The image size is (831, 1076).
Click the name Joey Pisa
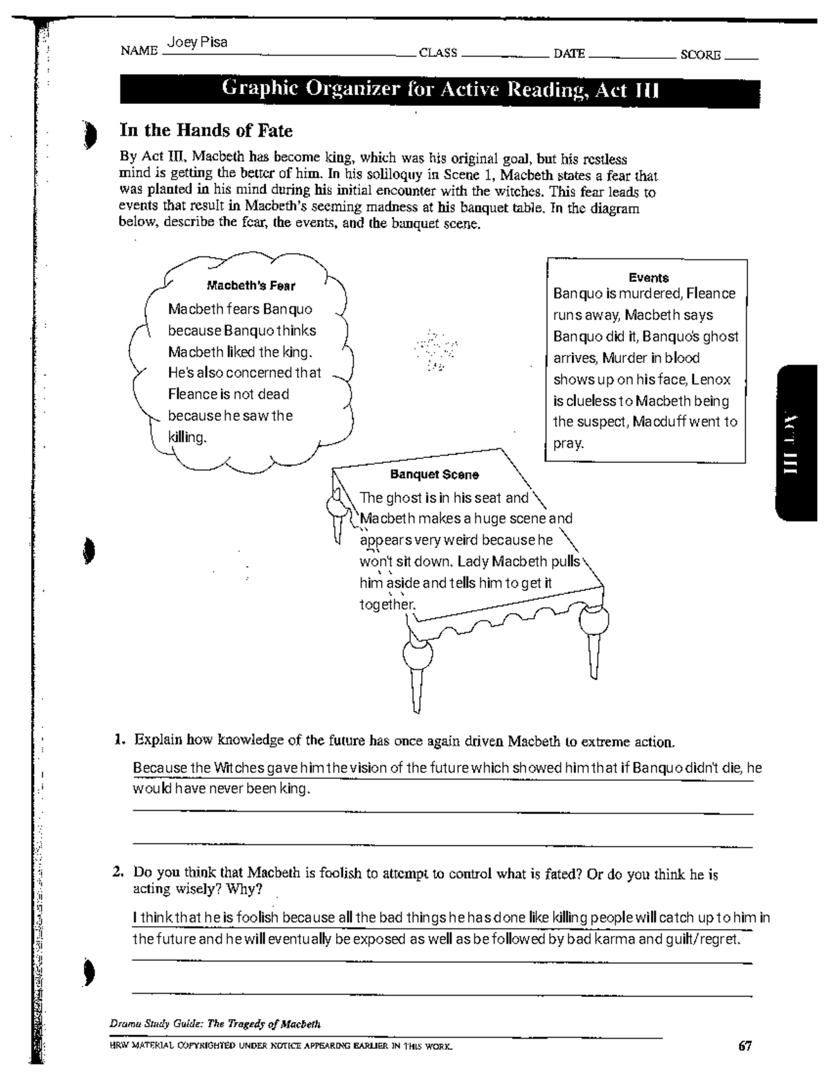point(197,43)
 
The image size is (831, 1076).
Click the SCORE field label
point(700,55)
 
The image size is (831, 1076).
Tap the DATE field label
point(569,53)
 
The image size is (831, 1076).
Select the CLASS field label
point(438,53)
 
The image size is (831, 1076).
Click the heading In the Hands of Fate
point(206,130)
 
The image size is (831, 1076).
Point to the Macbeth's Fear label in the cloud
point(251,285)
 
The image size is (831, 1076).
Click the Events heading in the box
point(648,277)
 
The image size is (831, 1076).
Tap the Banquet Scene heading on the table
point(434,475)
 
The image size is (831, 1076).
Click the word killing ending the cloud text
point(187,437)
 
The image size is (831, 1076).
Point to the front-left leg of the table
point(417,672)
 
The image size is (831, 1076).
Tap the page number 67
point(744,1046)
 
